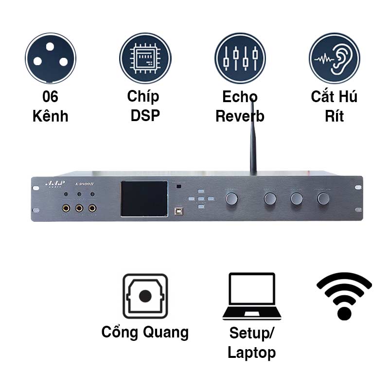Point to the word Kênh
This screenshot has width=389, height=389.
pos(51,117)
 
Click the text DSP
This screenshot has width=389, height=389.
pos(145,117)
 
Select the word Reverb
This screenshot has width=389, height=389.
pos(240,117)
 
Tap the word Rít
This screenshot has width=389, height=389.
pos(335,117)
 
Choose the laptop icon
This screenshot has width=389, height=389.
pos(252,296)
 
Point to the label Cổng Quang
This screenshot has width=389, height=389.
pos(145,332)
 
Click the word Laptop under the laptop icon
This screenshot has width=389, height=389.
pos(252,352)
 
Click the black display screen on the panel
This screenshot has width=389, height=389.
pos(142,200)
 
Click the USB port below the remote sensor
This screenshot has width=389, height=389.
pos(179,212)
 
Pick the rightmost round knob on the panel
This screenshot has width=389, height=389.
pos(323,198)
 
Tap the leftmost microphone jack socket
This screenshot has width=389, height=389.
pos(65,209)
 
